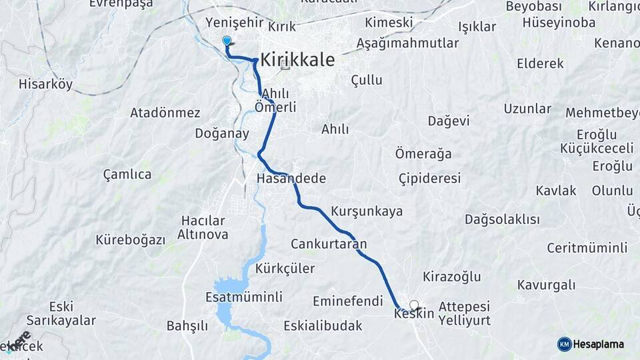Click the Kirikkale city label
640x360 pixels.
click(x=297, y=59)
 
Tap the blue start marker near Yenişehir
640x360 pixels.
click(x=227, y=41)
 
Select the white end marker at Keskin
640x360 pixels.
click(x=415, y=305)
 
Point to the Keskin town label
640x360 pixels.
click(x=414, y=313)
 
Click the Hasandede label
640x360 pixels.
click(x=291, y=179)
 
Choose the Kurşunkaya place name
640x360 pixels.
click(x=367, y=211)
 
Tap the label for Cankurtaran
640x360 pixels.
click(x=329, y=243)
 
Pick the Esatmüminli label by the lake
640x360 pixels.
click(x=245, y=297)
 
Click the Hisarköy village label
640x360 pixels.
click(x=46, y=85)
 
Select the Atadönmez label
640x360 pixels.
click(x=165, y=112)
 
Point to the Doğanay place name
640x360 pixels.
click(x=222, y=133)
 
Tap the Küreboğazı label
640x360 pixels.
click(x=131, y=240)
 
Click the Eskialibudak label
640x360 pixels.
click(x=323, y=326)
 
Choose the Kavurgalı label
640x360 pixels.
click(x=547, y=285)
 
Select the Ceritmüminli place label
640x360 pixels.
click(x=587, y=248)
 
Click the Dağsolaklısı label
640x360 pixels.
click(x=502, y=219)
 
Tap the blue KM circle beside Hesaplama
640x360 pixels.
click(x=565, y=344)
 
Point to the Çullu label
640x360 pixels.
click(x=367, y=80)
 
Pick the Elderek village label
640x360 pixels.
click(x=540, y=64)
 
